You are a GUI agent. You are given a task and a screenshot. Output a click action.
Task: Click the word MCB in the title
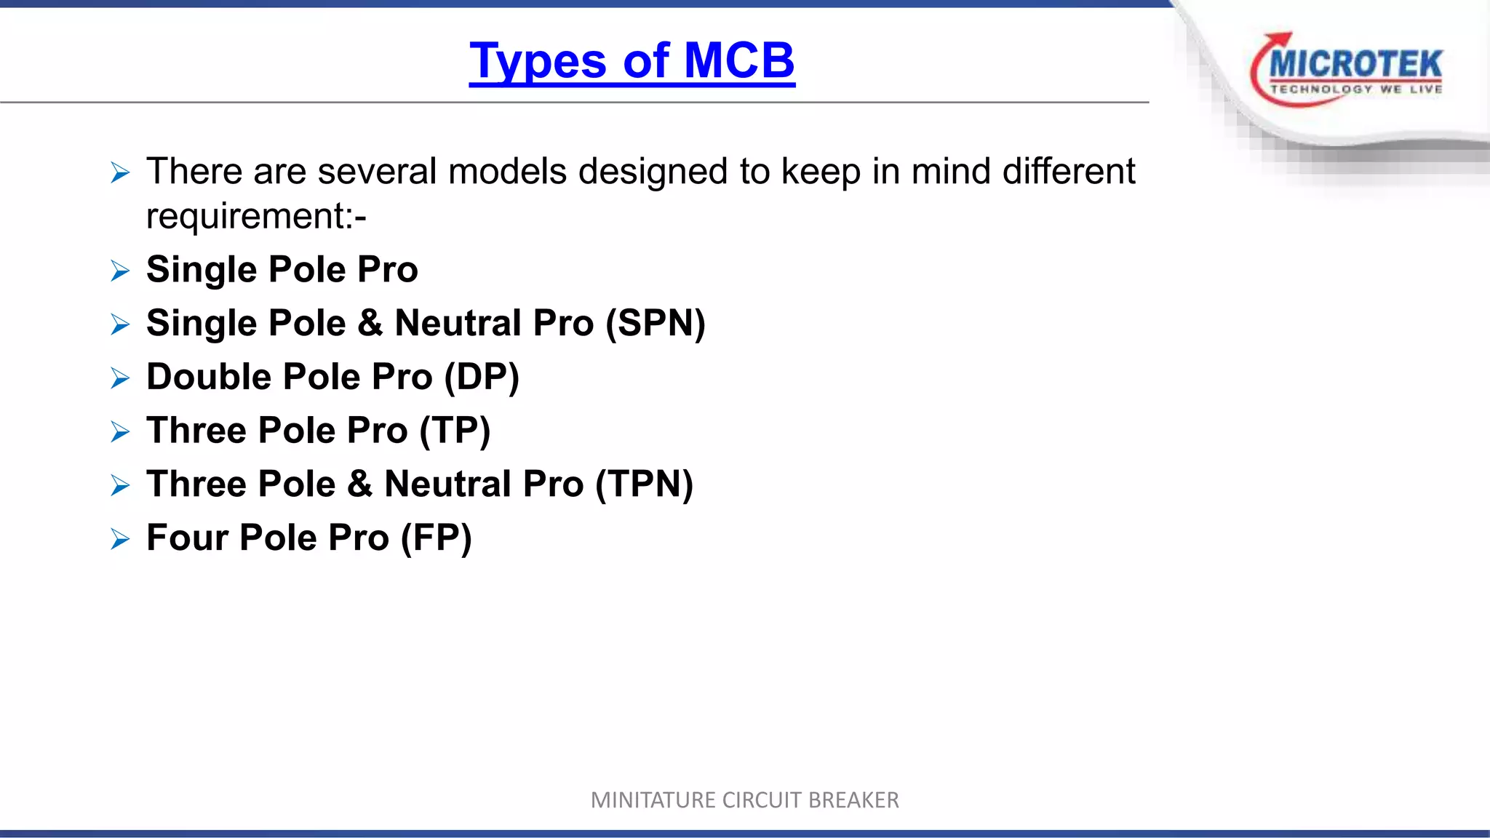click(739, 60)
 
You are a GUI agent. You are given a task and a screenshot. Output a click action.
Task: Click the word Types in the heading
click(538, 60)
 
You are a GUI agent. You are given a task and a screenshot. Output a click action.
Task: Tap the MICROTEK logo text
click(1355, 64)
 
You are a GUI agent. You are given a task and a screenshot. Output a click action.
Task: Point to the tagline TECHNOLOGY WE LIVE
click(1355, 89)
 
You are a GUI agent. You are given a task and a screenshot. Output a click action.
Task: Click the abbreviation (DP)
click(482, 377)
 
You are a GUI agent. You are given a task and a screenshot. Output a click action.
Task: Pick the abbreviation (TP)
click(455, 431)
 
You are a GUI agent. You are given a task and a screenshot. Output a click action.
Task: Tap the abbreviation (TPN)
click(644, 484)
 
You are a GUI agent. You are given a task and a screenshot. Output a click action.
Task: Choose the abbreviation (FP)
click(437, 538)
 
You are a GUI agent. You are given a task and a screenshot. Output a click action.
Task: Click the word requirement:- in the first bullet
click(256, 216)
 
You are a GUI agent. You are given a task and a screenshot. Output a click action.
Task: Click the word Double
click(209, 377)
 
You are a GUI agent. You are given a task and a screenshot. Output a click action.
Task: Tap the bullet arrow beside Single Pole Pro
click(120, 271)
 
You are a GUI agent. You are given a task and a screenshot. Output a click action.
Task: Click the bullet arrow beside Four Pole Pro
click(120, 539)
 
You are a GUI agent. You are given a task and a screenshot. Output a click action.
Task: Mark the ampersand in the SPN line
click(370, 323)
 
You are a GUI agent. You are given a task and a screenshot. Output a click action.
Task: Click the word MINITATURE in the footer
click(653, 800)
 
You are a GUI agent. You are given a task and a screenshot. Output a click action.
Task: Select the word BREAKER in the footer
click(853, 800)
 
